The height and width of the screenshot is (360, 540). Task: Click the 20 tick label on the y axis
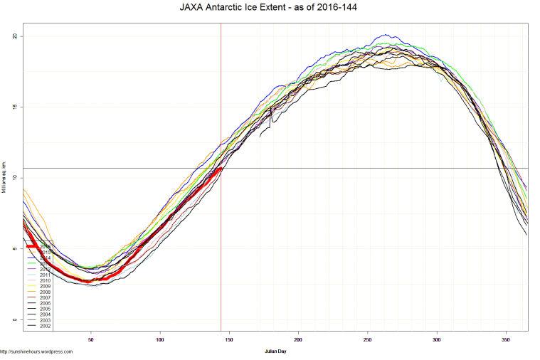point(16,36)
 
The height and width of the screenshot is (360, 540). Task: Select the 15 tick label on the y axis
point(16,107)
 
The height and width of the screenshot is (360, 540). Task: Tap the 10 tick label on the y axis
point(16,179)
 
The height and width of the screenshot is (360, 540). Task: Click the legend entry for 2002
point(44,326)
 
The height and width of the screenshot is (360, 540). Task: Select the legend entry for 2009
point(44,286)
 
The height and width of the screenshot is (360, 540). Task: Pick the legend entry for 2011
point(44,275)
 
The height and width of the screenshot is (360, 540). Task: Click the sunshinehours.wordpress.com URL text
point(37,351)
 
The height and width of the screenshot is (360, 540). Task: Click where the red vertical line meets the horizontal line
point(221,169)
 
